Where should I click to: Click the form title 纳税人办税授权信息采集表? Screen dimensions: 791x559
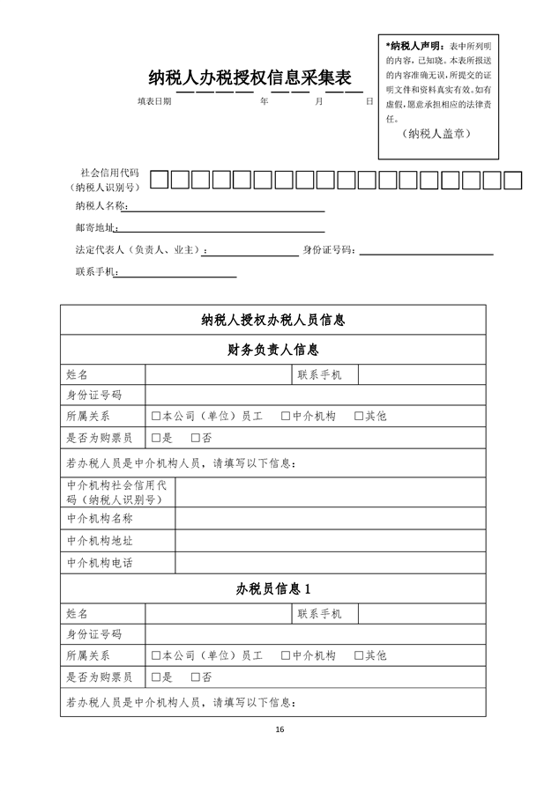point(256,78)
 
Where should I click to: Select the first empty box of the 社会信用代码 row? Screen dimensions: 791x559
point(160,181)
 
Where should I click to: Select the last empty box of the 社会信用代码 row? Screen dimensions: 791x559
point(514,181)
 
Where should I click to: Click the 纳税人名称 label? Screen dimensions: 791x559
point(101,207)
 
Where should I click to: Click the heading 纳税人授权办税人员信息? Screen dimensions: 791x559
point(272,320)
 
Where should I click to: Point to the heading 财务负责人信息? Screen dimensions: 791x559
point(272,350)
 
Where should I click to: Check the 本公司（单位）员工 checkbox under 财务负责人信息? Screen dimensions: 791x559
point(156,416)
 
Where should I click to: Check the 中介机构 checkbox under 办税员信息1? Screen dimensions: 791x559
point(286,655)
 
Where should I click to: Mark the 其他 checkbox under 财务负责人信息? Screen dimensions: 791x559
point(359,416)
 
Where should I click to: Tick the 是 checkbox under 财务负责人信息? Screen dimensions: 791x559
point(156,438)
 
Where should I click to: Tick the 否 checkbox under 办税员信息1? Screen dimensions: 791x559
point(195,677)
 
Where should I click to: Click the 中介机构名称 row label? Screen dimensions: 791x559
point(100,519)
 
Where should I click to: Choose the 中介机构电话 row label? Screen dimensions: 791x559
point(100,563)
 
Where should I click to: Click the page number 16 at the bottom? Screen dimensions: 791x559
point(279,729)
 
